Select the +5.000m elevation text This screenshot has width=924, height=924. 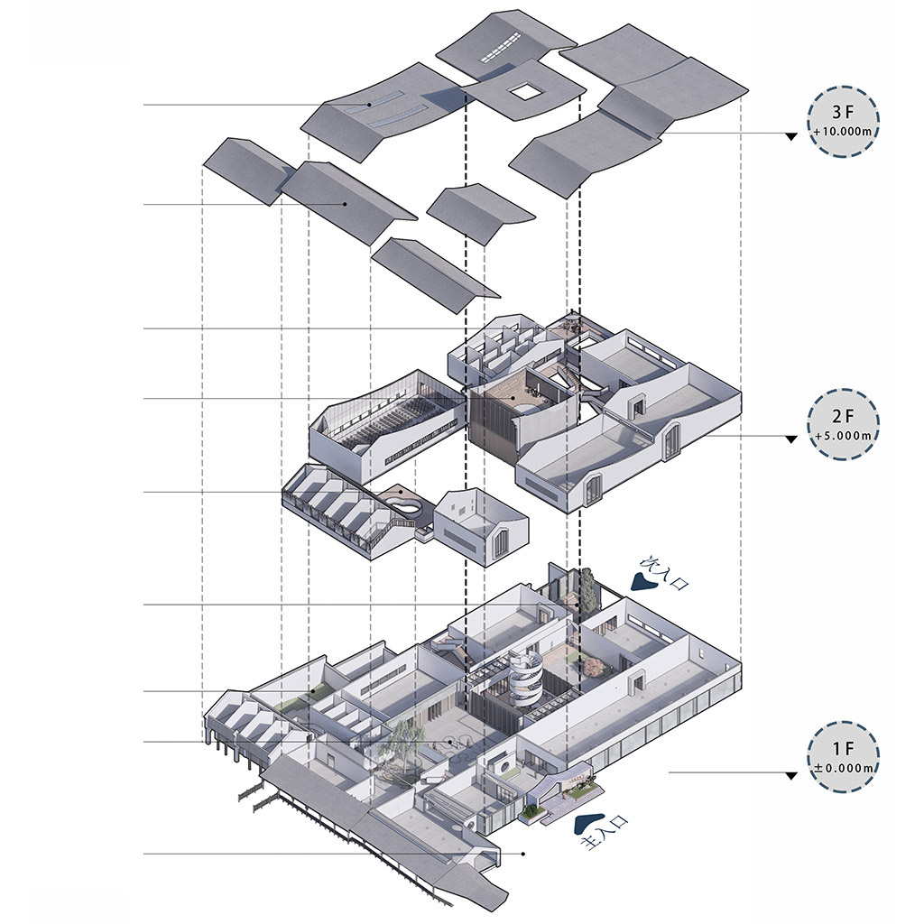pyautogui.click(x=843, y=436)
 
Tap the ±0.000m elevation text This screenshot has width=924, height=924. pyautogui.click(x=843, y=768)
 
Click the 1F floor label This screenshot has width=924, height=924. pyautogui.click(x=843, y=750)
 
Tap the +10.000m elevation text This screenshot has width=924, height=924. pyautogui.click(x=843, y=133)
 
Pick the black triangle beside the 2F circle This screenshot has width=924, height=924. pyautogui.click(x=791, y=439)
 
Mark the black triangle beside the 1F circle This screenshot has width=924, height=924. pyautogui.click(x=791, y=775)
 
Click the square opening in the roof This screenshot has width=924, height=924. pyautogui.click(x=524, y=89)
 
